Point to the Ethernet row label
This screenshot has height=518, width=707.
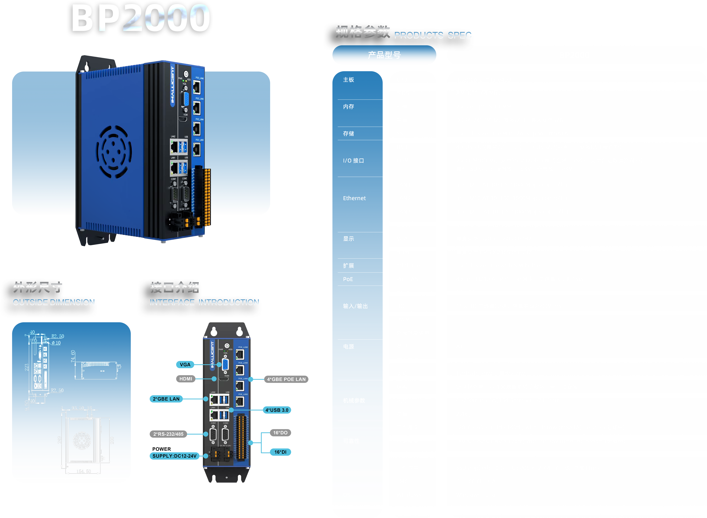click(354, 198)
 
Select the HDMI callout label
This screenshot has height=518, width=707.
click(186, 379)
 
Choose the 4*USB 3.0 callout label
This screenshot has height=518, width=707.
click(277, 410)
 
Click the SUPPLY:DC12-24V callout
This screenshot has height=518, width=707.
click(174, 456)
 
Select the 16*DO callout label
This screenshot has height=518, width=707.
click(280, 433)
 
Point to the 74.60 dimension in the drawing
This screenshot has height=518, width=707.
click(73, 356)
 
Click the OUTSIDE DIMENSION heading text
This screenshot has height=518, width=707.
click(54, 302)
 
